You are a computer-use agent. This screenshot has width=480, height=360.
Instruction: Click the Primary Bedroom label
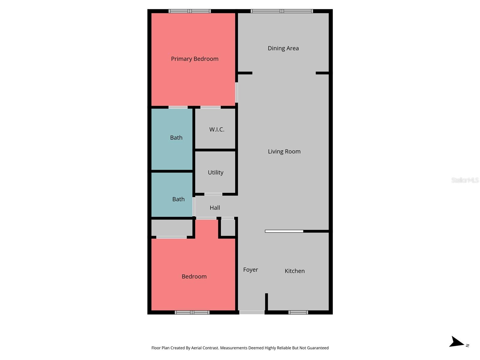195,59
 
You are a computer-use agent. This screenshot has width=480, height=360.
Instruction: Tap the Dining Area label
283,48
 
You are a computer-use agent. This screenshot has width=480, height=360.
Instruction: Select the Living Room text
284,151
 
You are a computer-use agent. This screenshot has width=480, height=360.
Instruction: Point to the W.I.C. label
217,130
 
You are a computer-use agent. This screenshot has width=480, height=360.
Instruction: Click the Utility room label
215,172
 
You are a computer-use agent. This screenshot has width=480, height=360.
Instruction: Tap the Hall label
215,208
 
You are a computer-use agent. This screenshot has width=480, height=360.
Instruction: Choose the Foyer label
250,270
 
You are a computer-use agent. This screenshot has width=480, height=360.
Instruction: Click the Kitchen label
295,271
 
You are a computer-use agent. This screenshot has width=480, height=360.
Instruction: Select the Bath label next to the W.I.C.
176,138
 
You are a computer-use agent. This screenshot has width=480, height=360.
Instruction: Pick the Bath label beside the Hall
178,199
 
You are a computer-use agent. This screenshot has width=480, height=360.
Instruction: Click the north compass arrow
457,342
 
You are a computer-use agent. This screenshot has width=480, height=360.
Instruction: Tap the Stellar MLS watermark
465,180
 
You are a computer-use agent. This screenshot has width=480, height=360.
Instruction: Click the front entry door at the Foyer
252,312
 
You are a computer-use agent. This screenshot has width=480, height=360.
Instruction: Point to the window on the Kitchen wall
298,312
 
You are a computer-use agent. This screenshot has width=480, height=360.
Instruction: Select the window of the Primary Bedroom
190,11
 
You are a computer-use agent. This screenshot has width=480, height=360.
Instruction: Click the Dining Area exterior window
282,11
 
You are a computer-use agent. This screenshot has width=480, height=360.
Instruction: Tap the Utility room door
213,194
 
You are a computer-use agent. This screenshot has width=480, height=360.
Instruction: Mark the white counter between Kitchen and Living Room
284,231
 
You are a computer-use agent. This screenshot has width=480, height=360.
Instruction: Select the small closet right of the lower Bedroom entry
228,228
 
